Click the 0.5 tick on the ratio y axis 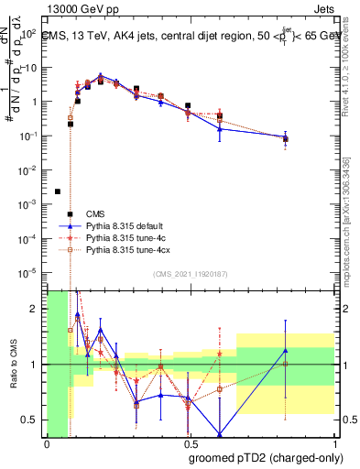[x=29, y=420]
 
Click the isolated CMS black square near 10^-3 [x=58, y=191]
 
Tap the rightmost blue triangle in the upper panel [x=286, y=137]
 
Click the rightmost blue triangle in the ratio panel [x=286, y=350]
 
